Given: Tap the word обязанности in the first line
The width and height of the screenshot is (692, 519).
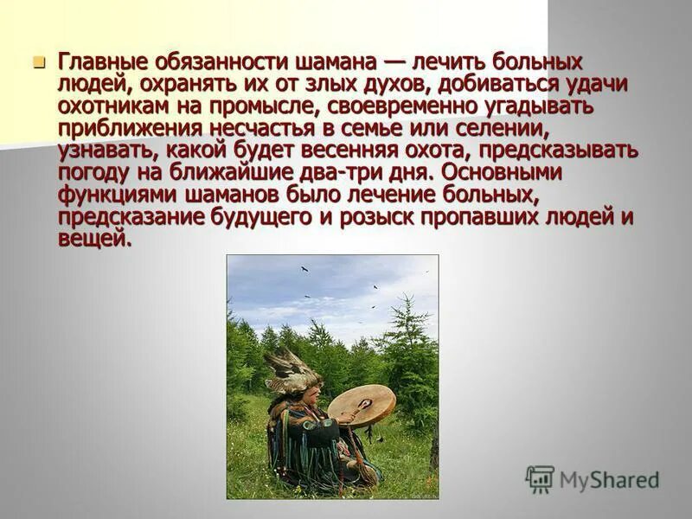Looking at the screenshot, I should tap(200, 62).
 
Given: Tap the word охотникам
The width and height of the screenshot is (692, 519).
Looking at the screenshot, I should tap(119, 106).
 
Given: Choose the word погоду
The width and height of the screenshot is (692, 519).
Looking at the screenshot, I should tap(93, 171).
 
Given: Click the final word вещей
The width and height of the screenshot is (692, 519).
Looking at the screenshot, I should tap(94, 237).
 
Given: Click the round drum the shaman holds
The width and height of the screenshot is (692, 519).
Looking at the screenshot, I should tap(362, 405).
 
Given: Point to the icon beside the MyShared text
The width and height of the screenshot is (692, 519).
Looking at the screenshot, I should tap(540, 478).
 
